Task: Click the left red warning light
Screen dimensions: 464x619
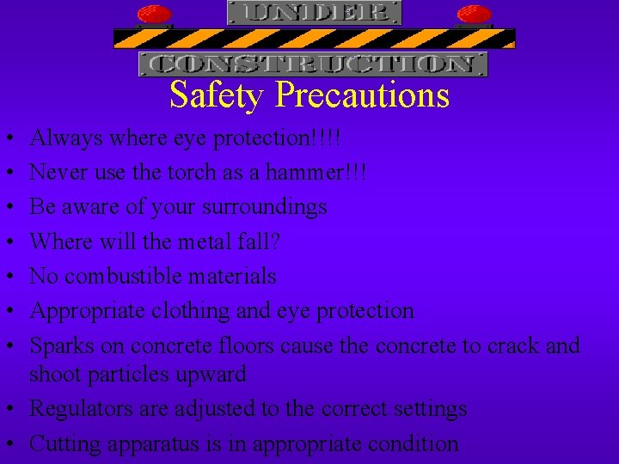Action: pos(155,15)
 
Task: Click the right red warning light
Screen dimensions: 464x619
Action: pos(474,15)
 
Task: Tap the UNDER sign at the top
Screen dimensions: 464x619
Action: pos(314,12)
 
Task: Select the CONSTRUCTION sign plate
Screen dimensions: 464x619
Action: pos(313,64)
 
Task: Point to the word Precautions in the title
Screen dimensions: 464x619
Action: pos(362,95)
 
